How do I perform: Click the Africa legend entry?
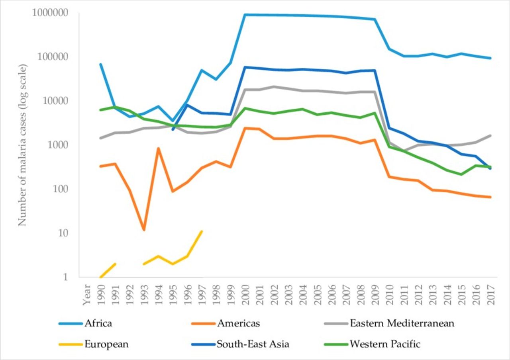click(x=98, y=323)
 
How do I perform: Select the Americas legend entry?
click(x=238, y=323)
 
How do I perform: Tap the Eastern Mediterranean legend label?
click(x=402, y=323)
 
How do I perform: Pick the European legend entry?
click(x=106, y=344)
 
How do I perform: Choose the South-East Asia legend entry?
click(x=253, y=344)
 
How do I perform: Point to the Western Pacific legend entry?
click(x=385, y=344)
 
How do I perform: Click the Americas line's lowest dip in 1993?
click(x=144, y=230)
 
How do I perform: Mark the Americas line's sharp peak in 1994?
click(x=158, y=149)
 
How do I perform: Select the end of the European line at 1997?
click(x=202, y=231)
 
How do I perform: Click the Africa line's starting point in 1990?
click(x=101, y=64)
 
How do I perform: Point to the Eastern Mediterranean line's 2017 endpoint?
click(x=490, y=135)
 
